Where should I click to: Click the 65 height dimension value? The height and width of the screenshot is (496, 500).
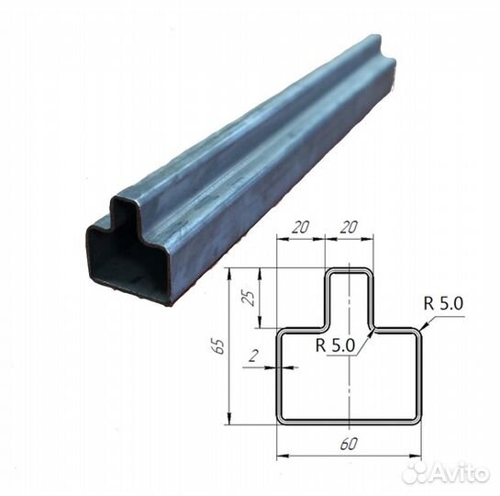coord(218,345)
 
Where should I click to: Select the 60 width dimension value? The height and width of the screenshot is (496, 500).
coord(349,444)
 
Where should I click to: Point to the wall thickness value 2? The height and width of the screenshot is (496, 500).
coord(253,355)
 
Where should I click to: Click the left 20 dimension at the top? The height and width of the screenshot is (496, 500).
coord(301,227)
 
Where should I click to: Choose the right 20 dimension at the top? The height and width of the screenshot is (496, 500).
coord(349,227)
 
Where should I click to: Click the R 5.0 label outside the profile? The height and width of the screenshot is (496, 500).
coord(443,303)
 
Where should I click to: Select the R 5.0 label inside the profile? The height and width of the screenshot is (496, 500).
coord(335,345)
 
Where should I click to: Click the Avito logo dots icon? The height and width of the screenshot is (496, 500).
coord(415,473)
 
